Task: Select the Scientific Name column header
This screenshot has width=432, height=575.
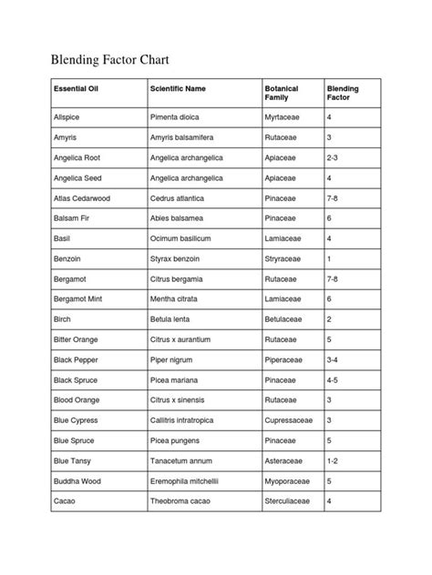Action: [x=177, y=89]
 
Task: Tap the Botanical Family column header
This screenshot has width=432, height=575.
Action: [x=282, y=94]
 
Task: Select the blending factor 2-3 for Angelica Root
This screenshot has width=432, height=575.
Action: [x=334, y=158]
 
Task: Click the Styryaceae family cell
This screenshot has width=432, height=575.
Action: [x=287, y=258]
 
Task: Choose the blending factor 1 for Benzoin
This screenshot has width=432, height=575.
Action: [x=329, y=258]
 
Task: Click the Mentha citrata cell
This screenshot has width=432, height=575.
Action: [x=177, y=298]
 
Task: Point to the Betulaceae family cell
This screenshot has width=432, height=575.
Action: [x=287, y=318]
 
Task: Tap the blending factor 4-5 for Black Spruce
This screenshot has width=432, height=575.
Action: [x=334, y=378]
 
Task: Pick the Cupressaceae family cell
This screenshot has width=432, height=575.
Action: [x=292, y=419]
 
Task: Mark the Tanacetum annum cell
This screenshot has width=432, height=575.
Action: [x=181, y=459]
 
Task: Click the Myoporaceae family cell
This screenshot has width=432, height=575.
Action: [x=291, y=479]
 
